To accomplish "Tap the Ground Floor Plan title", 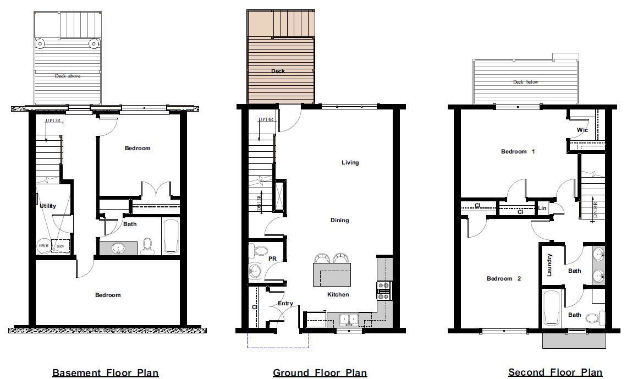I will click(320, 372).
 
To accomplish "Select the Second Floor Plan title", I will click(555, 372).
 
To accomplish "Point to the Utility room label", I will click(48, 206).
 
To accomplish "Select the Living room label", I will click(350, 162).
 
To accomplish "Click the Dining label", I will click(339, 221).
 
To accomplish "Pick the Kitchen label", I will click(338, 294).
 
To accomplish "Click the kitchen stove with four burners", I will click(383, 290).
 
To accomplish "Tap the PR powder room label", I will click(272, 258).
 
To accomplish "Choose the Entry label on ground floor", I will click(285, 304).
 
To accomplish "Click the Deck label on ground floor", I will click(278, 71).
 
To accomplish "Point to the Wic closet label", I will click(582, 130).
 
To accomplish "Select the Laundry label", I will click(549, 265).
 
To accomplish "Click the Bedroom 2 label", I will click(503, 278).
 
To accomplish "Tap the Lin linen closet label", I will click(542, 208).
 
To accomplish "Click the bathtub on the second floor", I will click(551, 308).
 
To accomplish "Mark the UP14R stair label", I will click(265, 119).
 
